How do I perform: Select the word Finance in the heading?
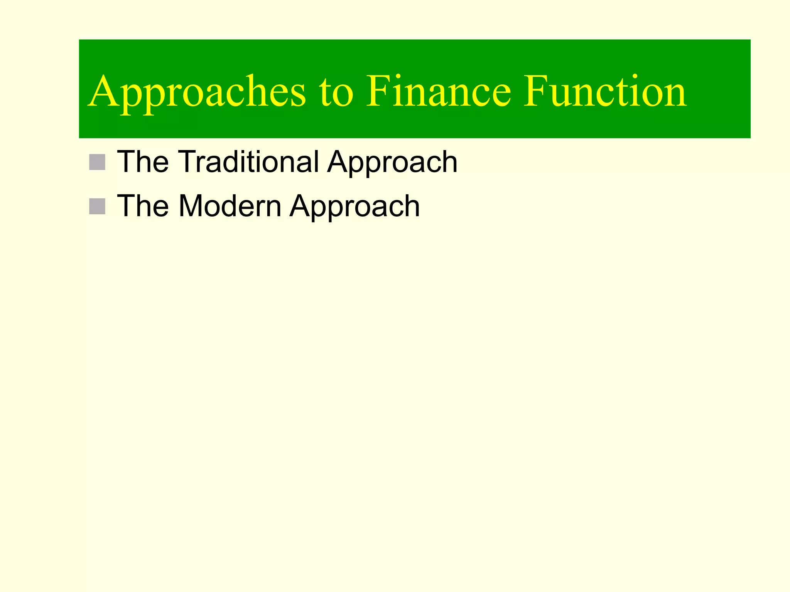pyautogui.click(x=438, y=92)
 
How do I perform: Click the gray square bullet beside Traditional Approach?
pyautogui.click(x=97, y=162)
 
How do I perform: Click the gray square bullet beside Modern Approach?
pyautogui.click(x=97, y=207)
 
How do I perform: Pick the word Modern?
pyautogui.click(x=230, y=206)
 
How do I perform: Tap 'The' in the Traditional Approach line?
pyautogui.click(x=143, y=162)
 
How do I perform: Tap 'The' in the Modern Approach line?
pyautogui.click(x=143, y=206)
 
